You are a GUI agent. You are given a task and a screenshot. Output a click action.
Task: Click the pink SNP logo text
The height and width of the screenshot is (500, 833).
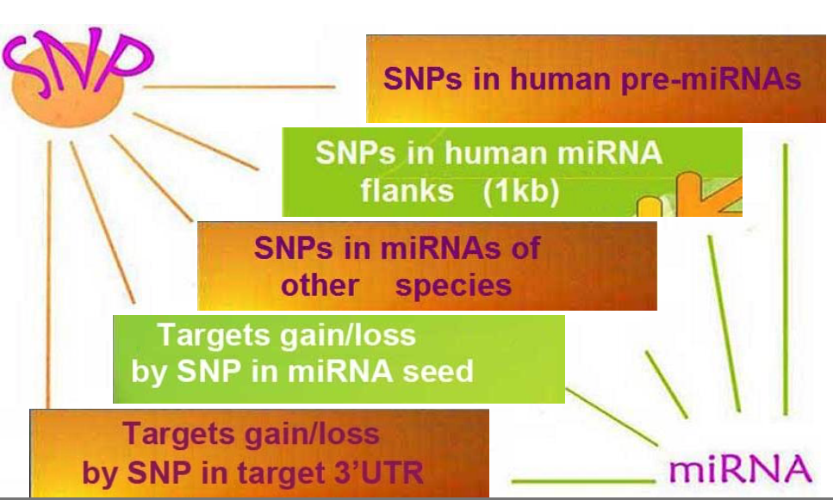point(78,62)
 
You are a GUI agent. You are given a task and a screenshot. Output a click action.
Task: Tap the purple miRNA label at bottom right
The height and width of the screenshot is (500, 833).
point(742,470)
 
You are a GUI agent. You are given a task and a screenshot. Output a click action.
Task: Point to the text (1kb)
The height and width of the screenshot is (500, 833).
point(521,190)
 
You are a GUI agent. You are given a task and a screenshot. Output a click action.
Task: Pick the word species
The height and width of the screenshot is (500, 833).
point(454,285)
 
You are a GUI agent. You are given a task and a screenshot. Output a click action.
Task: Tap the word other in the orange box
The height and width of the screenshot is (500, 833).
point(320,285)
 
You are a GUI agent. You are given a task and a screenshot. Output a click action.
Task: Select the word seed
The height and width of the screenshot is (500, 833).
point(440,372)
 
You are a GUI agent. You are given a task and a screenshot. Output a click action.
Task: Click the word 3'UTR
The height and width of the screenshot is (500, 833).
point(376,472)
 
